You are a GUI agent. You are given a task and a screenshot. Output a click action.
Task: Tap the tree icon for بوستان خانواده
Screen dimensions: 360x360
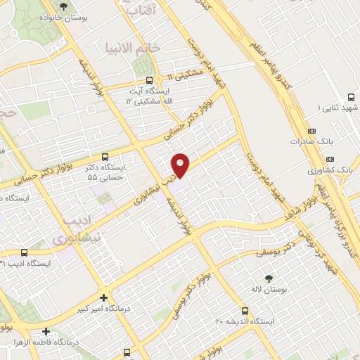tap(64, 6)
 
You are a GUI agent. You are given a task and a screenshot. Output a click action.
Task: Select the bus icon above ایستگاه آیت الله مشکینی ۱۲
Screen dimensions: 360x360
tap(148, 80)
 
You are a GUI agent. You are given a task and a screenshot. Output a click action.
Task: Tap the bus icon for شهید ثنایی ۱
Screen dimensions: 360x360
tap(350, 98)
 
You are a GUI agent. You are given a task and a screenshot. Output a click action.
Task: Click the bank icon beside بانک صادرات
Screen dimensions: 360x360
tap(312, 131)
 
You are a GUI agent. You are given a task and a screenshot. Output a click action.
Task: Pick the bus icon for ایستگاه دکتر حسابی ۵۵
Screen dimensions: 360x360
tap(105, 157)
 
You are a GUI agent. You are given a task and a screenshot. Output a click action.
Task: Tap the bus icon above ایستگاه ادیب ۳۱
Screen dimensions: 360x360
tap(24, 252)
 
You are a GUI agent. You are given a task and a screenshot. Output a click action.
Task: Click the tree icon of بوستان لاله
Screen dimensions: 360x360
tap(266, 279)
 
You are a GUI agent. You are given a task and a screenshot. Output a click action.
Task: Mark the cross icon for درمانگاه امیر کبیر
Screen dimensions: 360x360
tap(104, 298)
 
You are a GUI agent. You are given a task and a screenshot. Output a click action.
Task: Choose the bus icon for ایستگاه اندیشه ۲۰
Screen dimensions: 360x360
tap(245, 310)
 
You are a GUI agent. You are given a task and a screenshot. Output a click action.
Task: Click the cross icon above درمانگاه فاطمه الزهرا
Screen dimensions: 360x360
tap(46, 331)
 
